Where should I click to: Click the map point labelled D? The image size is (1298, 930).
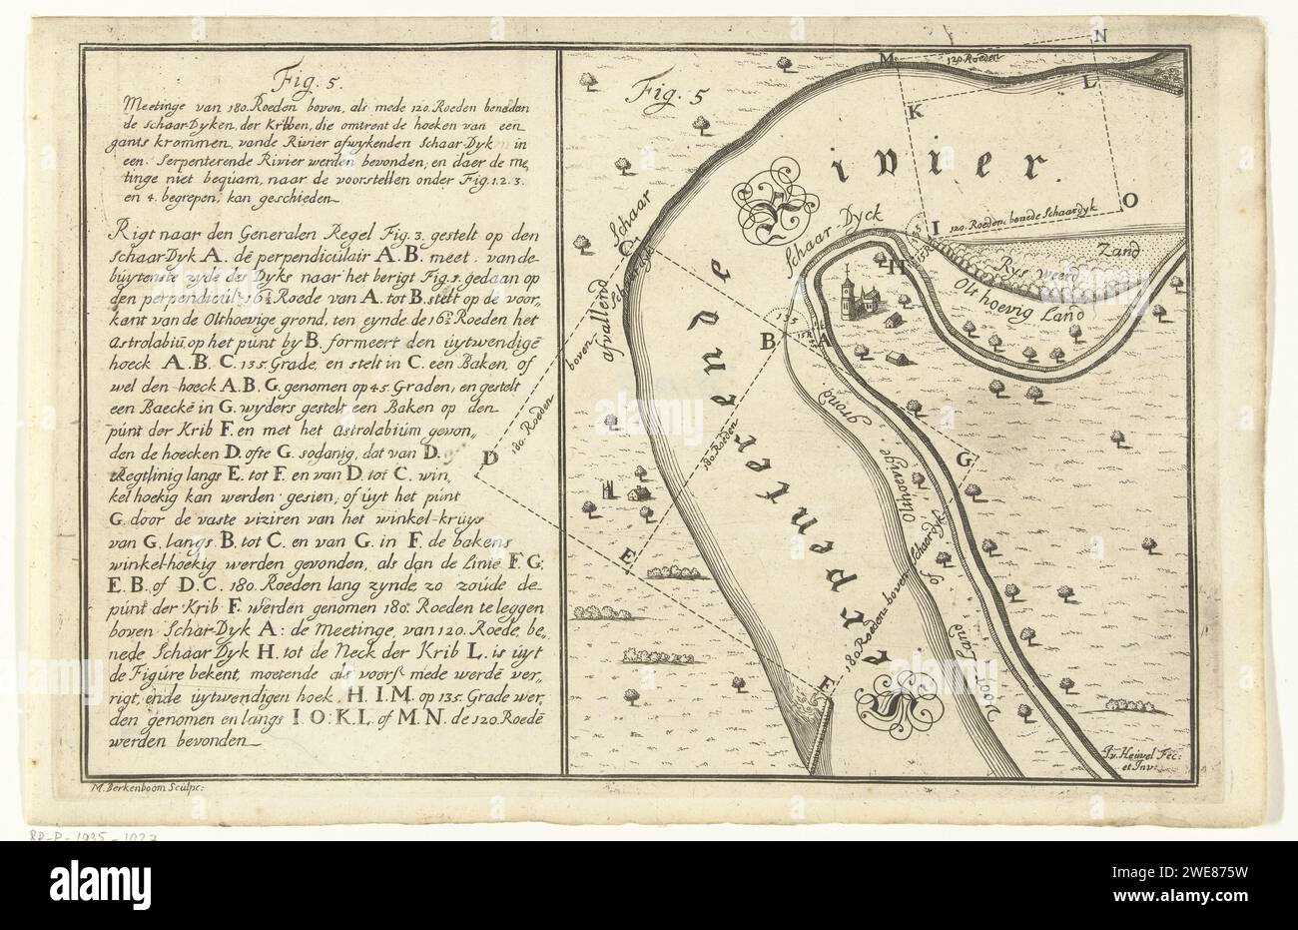pyautogui.click(x=489, y=460)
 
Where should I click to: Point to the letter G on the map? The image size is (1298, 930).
pyautogui.click(x=964, y=462)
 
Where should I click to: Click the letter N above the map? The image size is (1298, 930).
pyautogui.click(x=1101, y=37)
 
